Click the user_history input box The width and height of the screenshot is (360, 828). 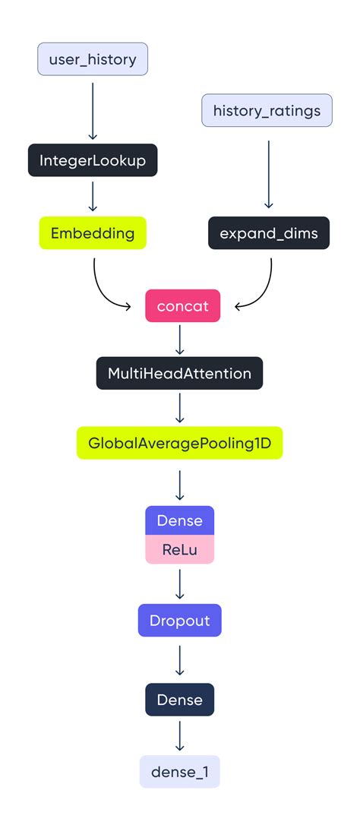click(93, 59)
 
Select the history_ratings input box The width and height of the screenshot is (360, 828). click(267, 111)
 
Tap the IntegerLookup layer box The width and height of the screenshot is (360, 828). click(93, 160)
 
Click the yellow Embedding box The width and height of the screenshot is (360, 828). click(93, 232)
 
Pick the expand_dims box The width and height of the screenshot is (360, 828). click(268, 232)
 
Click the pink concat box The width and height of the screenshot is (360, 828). click(182, 306)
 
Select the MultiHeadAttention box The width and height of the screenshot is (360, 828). click(179, 373)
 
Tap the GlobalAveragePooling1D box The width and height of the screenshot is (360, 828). click(179, 442)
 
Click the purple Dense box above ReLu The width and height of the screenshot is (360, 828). click(179, 520)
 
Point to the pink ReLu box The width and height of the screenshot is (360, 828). click(179, 549)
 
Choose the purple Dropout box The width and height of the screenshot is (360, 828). click(179, 620)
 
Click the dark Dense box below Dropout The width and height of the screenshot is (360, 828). click(179, 699)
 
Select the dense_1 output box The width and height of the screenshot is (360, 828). click(179, 772)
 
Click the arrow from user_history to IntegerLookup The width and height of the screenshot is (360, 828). click(93, 110)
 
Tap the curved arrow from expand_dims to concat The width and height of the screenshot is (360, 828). click(262, 292)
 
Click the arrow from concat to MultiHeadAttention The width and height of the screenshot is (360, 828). click(179, 340)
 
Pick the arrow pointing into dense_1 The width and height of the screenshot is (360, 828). click(179, 735)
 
